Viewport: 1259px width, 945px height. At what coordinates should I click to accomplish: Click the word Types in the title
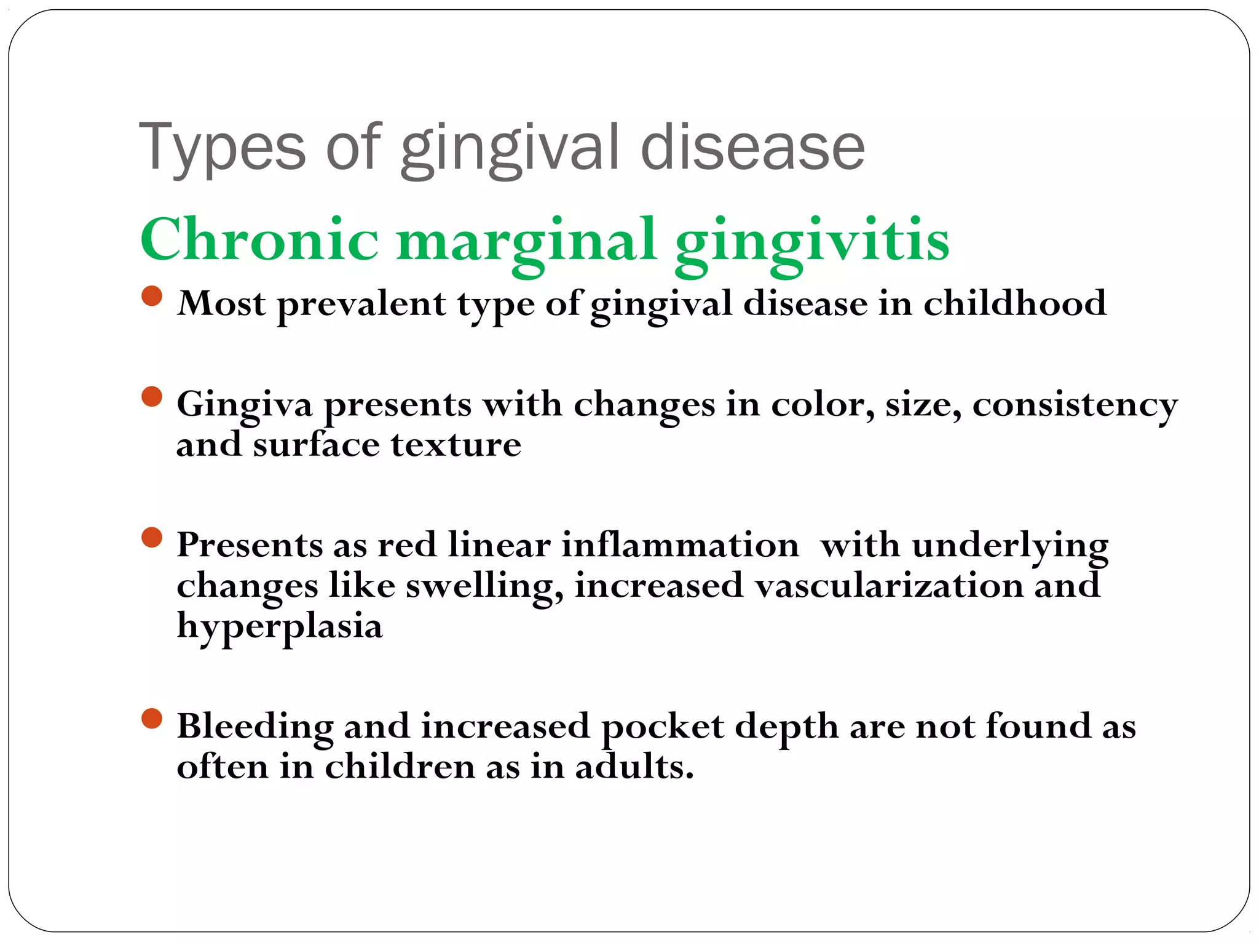[x=222, y=148]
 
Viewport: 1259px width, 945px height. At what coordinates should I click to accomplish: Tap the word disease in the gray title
[x=752, y=148]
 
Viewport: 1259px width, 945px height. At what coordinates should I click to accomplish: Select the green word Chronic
[x=259, y=240]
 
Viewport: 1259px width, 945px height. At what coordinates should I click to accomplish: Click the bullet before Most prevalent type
[x=151, y=296]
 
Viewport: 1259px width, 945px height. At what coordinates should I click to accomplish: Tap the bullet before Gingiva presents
[x=151, y=397]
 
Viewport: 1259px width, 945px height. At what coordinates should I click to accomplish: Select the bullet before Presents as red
[x=151, y=538]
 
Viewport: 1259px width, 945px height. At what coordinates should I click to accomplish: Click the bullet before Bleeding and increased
[x=151, y=718]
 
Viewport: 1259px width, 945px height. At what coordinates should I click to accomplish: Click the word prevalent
[x=361, y=305]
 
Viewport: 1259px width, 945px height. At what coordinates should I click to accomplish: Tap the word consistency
[x=1075, y=405]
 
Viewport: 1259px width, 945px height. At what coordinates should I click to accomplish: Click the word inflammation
[x=680, y=545]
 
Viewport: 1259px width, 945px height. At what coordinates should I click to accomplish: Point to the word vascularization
[x=889, y=585]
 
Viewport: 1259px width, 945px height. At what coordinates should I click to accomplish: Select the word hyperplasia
[x=280, y=627]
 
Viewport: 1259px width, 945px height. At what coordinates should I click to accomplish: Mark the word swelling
[x=484, y=586]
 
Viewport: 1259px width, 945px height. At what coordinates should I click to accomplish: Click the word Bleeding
[x=255, y=727]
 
